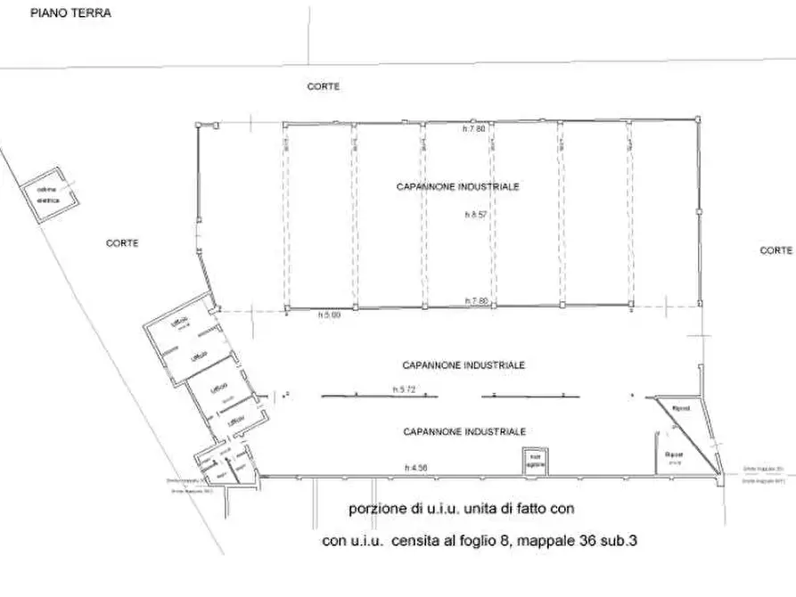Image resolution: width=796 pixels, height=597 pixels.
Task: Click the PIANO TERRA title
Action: tap(70, 13)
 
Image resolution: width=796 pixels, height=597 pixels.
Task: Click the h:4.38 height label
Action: tap(415, 468)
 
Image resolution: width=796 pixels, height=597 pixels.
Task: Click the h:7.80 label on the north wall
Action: tap(474, 129)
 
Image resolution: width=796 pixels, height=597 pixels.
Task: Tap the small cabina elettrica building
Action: tap(48, 196)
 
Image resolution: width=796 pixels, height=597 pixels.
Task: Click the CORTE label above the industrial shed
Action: tap(324, 86)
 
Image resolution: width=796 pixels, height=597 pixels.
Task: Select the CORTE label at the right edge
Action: tap(775, 250)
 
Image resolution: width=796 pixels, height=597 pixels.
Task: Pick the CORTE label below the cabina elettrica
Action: tap(121, 242)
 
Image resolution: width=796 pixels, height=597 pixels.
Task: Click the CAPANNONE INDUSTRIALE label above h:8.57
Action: tap(457, 187)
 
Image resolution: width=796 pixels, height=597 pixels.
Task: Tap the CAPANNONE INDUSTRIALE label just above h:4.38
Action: tap(463, 431)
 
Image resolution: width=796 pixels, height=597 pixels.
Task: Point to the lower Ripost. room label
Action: tap(674, 455)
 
